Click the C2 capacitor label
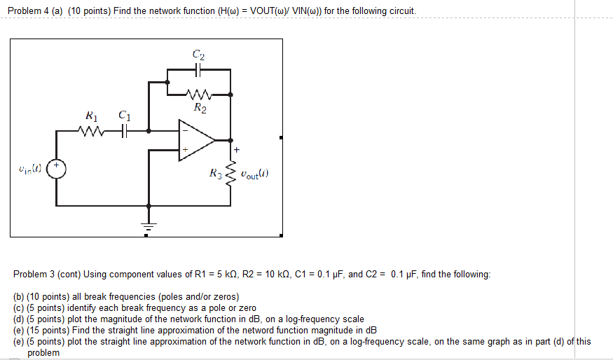pos(199,54)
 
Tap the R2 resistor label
pos(200,108)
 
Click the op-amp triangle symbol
pos(195,139)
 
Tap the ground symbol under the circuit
pos(147,226)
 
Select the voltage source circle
pos(56,169)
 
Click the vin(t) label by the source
pos(31,169)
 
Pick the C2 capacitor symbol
pos(199,69)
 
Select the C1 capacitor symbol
pos(124,130)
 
